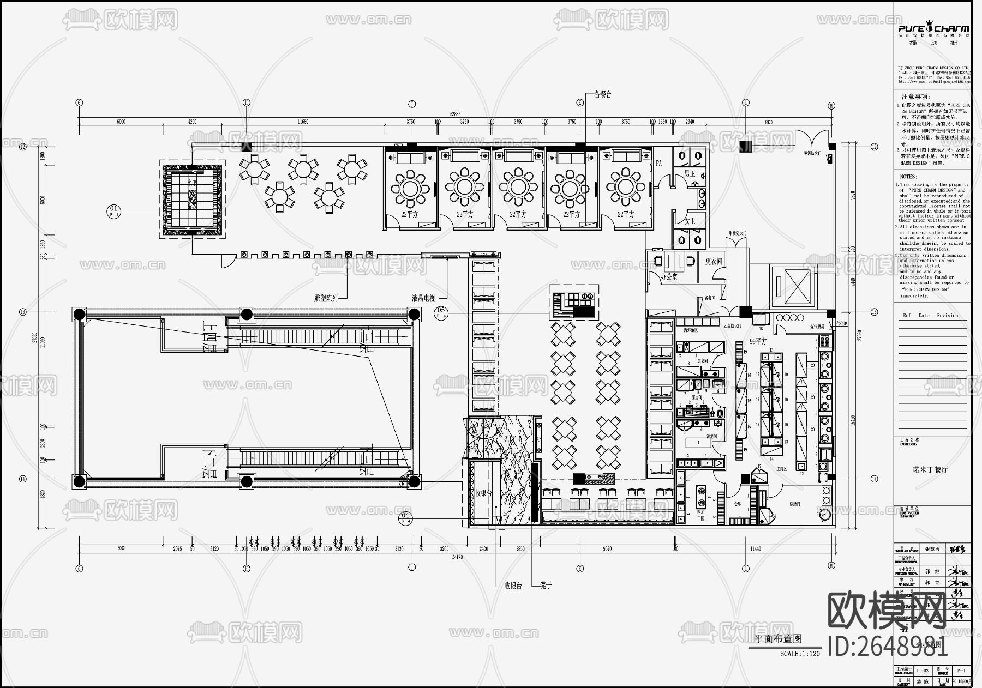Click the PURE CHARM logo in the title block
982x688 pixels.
pos(933,29)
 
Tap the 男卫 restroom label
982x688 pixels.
pos(690,174)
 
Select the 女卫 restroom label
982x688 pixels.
pos(690,221)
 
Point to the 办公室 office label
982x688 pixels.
pos(669,277)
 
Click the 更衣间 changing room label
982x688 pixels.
pos(714,262)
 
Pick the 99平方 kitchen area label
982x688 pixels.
pos(758,341)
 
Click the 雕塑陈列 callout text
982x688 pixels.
pos(326,298)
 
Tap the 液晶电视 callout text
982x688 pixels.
pos(423,298)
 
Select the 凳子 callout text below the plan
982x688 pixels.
pos(546,586)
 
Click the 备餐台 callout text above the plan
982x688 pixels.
pos(603,95)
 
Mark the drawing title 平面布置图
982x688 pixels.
pos(778,639)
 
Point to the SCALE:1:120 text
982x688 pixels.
pos(800,654)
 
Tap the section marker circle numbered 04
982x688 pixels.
pos(405,518)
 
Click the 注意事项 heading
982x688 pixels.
pos(917,96)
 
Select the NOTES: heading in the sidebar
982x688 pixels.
pos(908,177)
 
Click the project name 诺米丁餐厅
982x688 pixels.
pos(931,469)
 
